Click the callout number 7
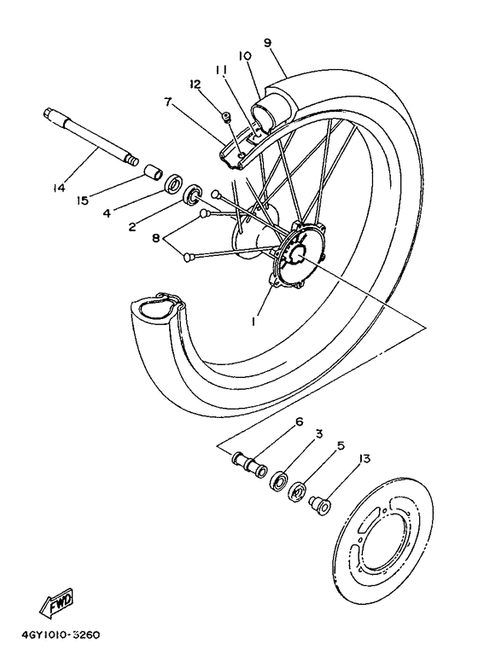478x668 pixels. click(168, 102)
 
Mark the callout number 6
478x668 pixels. click(300, 421)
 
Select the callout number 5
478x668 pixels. click(341, 444)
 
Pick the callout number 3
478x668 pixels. click(318, 434)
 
